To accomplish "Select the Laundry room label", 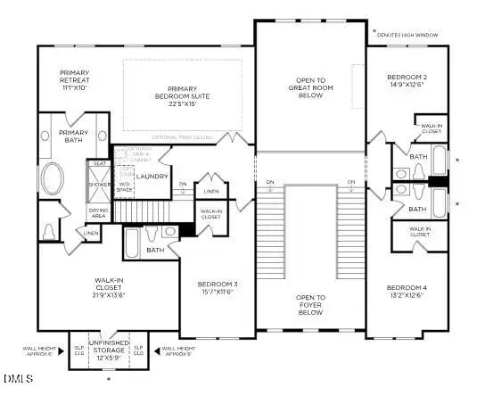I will coord(152,176).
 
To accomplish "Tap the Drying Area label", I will coord(97,212).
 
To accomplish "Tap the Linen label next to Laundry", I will coord(210,191).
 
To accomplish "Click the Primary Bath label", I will coord(73,136).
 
